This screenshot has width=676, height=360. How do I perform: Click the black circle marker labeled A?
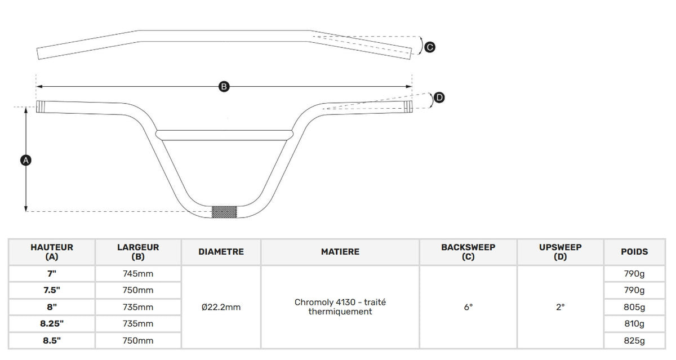26,160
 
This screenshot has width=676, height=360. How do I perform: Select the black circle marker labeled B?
224,87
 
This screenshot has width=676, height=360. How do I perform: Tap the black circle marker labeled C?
430,47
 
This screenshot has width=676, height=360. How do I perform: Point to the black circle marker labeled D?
439,97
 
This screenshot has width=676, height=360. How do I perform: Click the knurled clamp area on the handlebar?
224,212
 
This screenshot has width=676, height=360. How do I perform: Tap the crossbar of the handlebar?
224,135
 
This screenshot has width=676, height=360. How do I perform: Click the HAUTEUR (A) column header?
52,252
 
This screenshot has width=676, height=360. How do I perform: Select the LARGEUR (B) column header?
138,252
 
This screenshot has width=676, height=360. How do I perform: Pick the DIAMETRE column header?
221,252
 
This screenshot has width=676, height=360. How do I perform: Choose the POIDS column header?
634,252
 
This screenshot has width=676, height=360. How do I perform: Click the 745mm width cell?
138,274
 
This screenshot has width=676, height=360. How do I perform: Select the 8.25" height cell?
52,323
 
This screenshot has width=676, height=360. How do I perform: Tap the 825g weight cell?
634,340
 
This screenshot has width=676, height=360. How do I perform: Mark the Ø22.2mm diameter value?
221,307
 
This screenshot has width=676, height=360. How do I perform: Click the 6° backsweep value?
468,307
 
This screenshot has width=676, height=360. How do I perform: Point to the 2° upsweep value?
561,307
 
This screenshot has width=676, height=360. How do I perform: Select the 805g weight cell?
634,307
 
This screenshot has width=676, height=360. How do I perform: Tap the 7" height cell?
52,274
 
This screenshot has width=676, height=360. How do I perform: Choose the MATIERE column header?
340,252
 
